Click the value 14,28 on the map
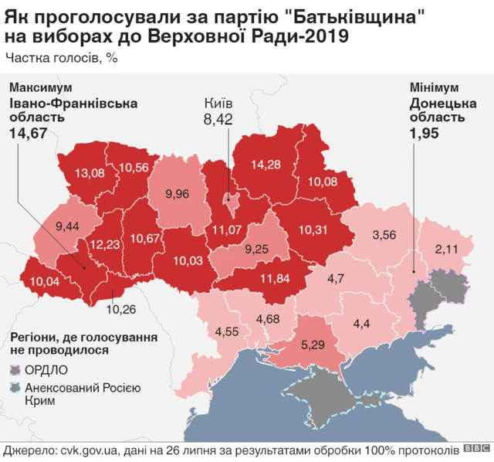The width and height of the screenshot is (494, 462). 264,164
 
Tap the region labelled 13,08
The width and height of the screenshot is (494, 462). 89,172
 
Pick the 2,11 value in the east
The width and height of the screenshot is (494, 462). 448,248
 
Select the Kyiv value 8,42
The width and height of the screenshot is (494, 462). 218,119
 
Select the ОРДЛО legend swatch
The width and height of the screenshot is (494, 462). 15,369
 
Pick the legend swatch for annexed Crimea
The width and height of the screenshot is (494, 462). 15,388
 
